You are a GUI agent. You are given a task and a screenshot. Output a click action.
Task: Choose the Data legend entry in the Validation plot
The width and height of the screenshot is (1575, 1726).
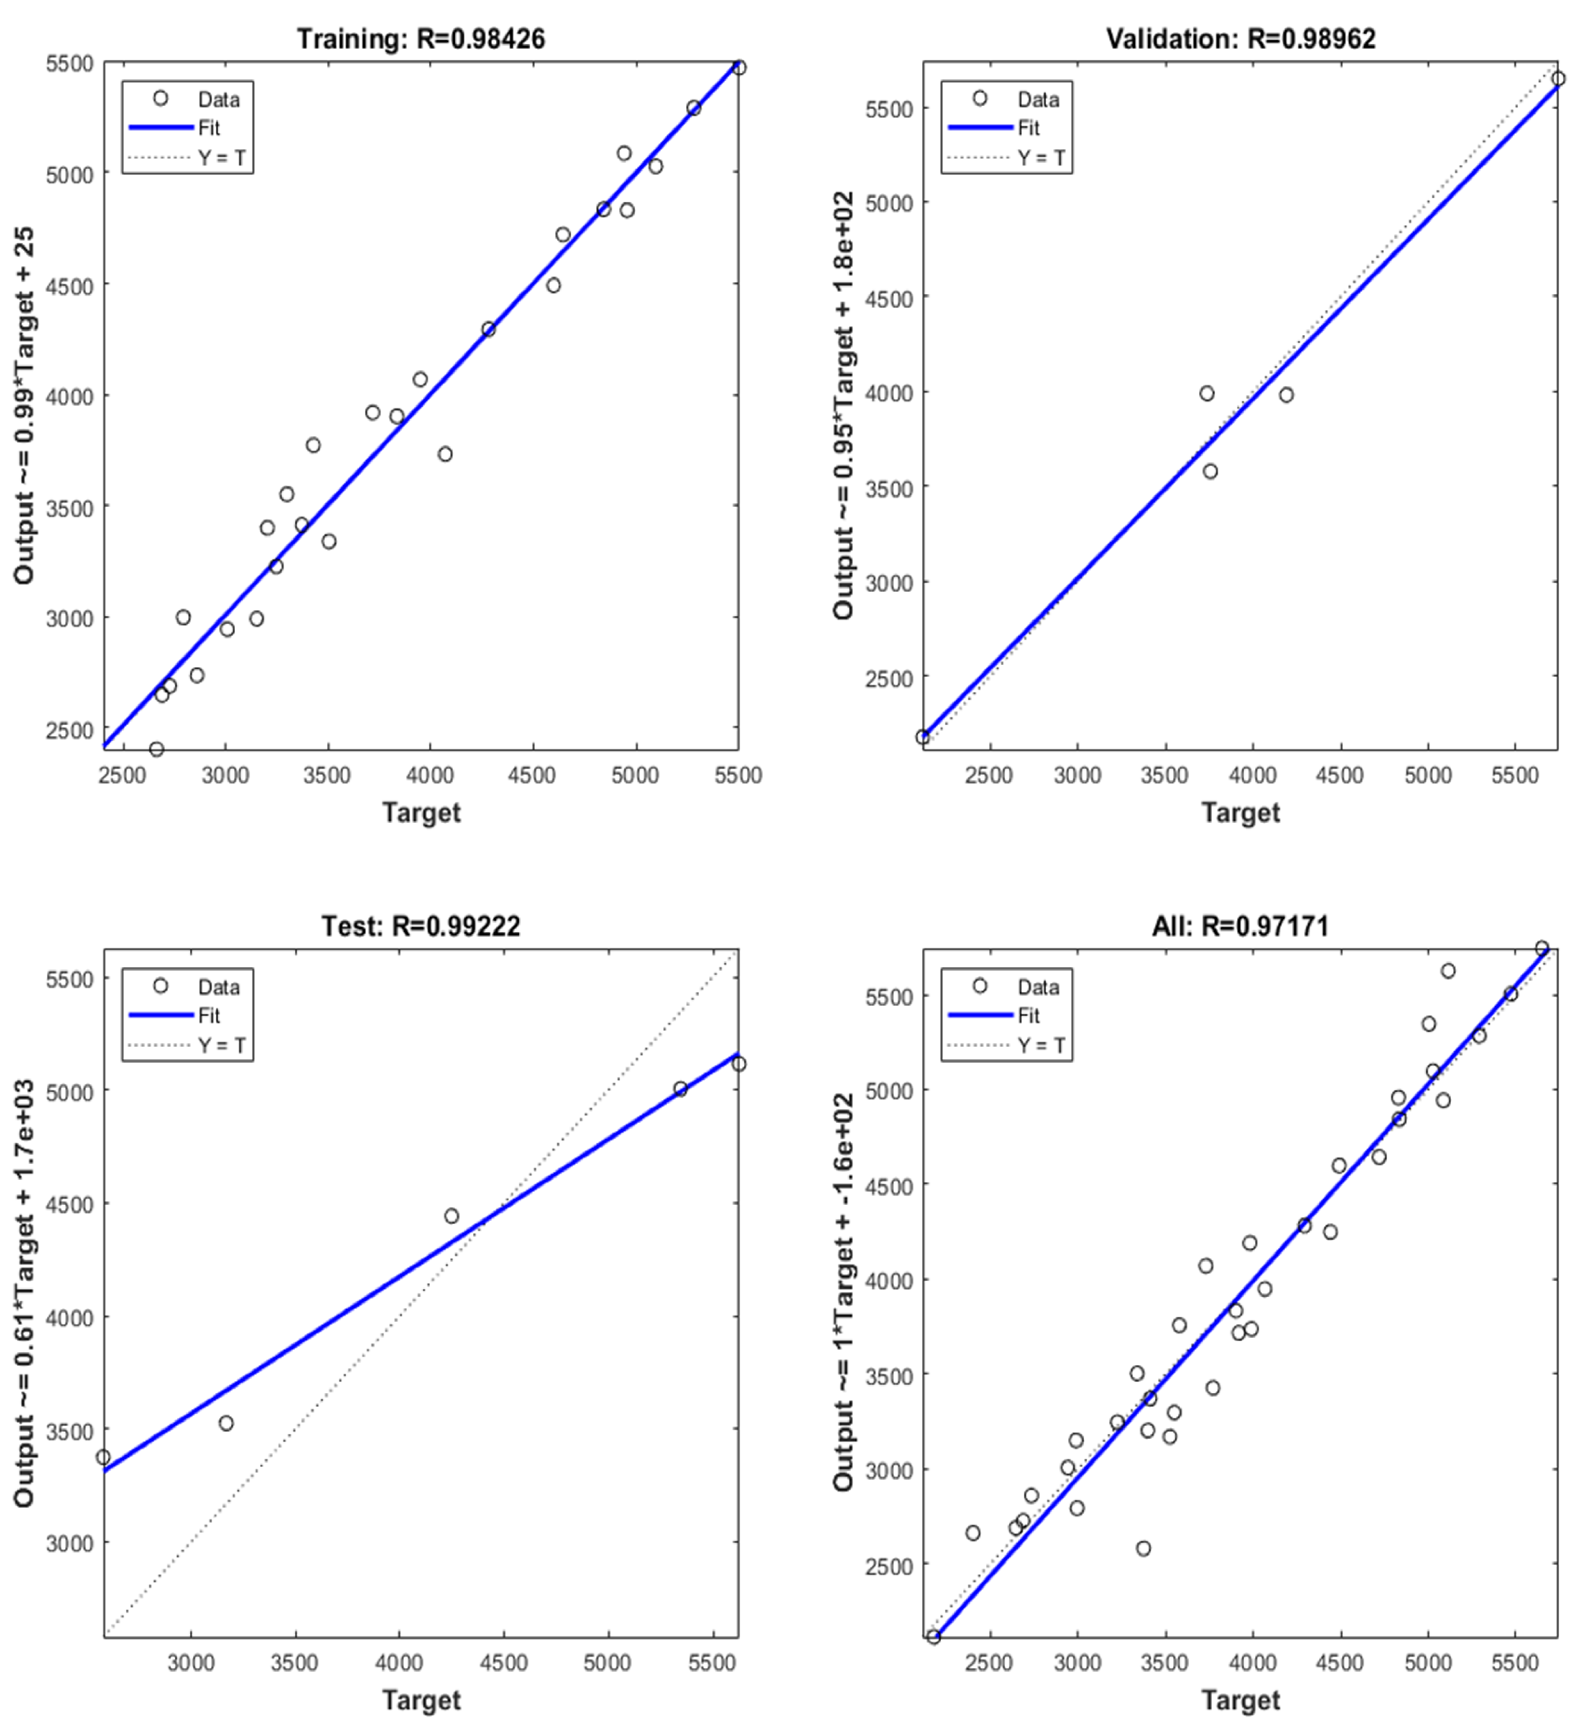(1038, 99)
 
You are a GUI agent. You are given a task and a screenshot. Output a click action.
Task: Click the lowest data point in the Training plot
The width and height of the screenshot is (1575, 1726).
(156, 749)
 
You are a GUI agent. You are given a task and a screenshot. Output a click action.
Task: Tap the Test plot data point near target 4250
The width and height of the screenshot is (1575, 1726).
(452, 1216)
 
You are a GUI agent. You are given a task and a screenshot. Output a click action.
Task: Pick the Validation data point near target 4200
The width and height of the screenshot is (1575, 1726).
(1287, 395)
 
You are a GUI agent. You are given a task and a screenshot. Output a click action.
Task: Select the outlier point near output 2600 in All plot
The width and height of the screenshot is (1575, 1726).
(1144, 1548)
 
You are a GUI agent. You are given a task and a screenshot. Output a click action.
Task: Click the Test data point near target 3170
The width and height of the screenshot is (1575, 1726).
(226, 1423)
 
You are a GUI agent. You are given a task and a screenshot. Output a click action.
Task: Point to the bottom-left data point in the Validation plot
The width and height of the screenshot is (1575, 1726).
(922, 737)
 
